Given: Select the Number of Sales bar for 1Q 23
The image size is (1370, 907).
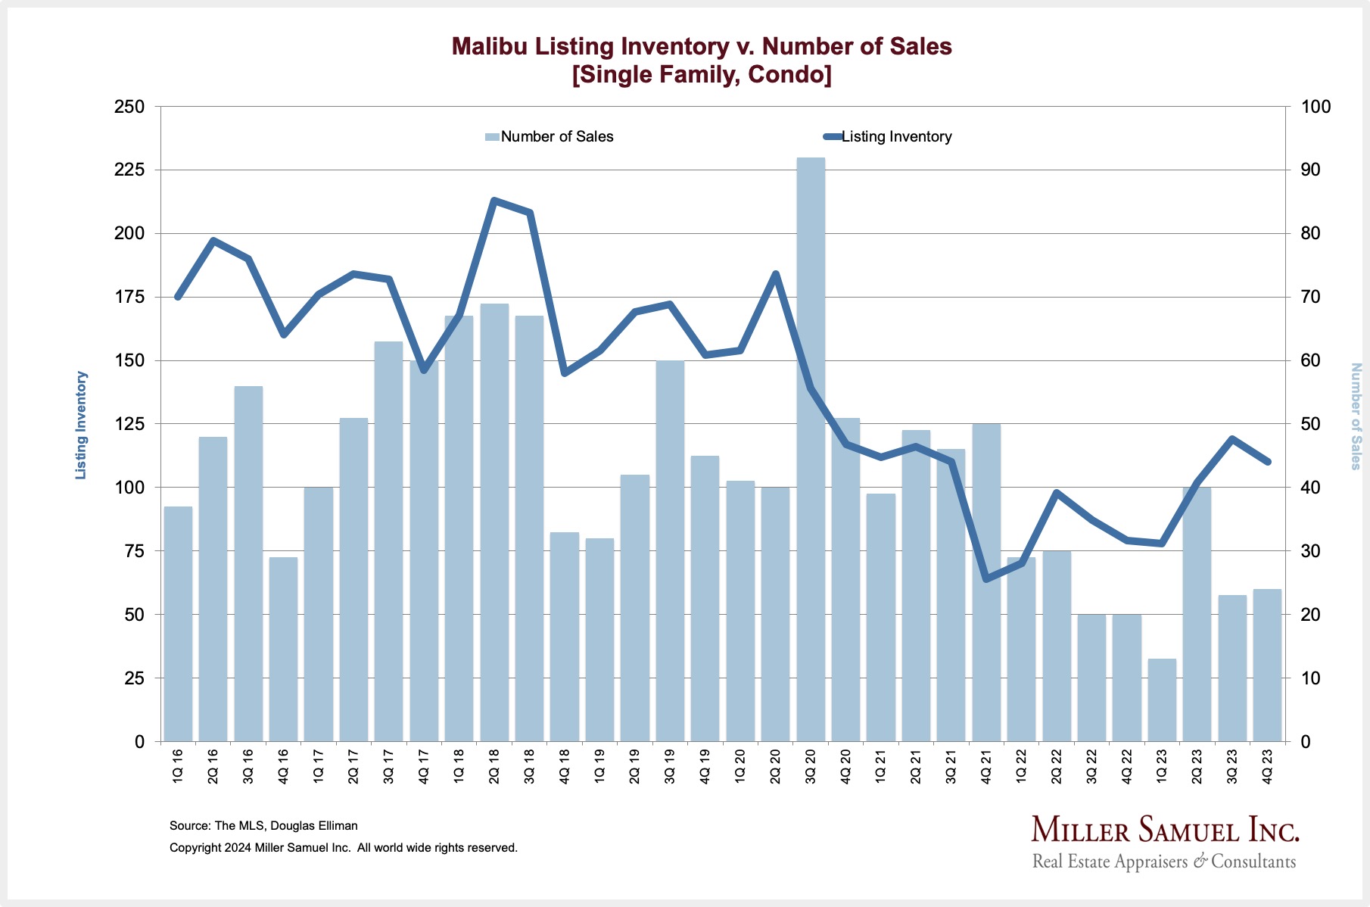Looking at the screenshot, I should click(x=1162, y=700).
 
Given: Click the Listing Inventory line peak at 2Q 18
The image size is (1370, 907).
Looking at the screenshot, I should click(x=494, y=201).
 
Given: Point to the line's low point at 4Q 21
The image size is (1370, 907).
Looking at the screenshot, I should click(x=986, y=579).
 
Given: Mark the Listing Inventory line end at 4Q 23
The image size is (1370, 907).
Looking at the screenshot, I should click(x=1268, y=462).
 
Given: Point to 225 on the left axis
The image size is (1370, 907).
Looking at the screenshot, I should click(x=129, y=170).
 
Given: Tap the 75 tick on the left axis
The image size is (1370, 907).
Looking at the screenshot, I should click(x=134, y=551).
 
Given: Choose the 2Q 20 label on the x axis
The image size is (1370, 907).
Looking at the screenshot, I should click(x=775, y=766).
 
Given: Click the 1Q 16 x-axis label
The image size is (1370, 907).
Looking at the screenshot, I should click(x=178, y=766).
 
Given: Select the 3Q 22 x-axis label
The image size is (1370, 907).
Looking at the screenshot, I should click(x=1091, y=766).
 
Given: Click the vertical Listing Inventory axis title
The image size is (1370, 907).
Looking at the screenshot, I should click(x=81, y=425).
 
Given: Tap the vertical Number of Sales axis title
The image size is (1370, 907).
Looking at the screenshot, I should click(x=1356, y=416).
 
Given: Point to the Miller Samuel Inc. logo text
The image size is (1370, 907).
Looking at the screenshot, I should click(x=1165, y=830).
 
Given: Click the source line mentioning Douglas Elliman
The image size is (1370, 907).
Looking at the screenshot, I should click(x=263, y=826).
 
